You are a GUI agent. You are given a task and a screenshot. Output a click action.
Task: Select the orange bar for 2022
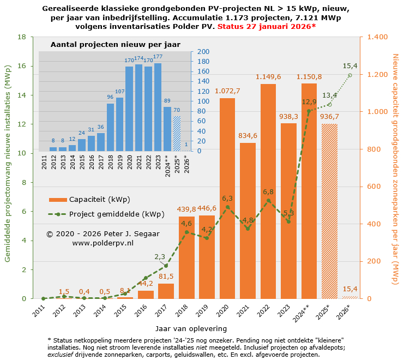268,191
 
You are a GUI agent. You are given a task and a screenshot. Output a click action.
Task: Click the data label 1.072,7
227,91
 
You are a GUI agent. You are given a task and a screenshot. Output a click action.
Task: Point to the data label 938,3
289,116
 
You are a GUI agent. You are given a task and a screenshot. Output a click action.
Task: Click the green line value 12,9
309,101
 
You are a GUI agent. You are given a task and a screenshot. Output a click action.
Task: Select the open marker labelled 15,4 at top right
350,75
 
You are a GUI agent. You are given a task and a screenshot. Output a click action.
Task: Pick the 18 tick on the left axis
22,37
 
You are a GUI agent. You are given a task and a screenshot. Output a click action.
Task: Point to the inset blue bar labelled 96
110,127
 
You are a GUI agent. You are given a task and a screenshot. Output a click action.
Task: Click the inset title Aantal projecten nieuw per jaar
115,45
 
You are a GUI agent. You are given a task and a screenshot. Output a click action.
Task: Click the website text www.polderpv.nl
103,243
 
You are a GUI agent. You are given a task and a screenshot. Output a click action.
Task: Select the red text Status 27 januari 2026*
267,26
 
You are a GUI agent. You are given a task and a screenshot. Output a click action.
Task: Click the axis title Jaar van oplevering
191,329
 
